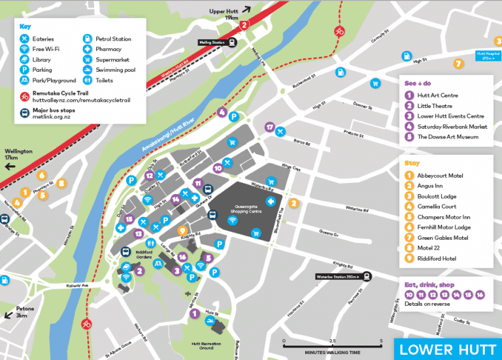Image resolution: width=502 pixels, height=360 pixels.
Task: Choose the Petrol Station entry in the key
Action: pyautogui.click(x=113, y=39)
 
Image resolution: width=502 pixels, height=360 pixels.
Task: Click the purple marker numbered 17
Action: pyautogui.click(x=269, y=127)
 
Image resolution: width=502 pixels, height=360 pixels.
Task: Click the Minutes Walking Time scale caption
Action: pyautogui.click(x=331, y=352)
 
